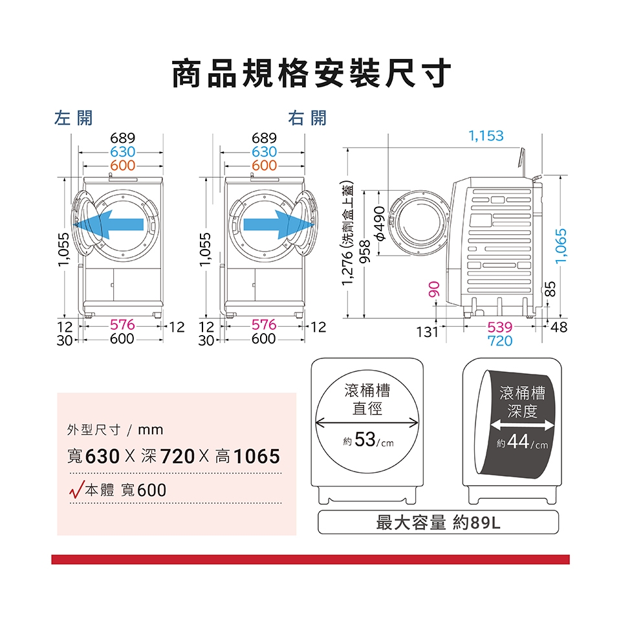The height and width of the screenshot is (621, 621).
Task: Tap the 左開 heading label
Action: tap(74, 118)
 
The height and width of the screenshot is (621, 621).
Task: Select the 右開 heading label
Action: tap(308, 118)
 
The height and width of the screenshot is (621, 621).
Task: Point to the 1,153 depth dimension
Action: tap(486, 136)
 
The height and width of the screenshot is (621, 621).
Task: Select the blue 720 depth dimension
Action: tap(500, 341)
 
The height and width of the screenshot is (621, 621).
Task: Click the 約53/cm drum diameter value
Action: tap(367, 441)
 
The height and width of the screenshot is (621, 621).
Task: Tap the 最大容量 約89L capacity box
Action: tap(438, 522)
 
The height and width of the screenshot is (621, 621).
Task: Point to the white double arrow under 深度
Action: tap(522, 425)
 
